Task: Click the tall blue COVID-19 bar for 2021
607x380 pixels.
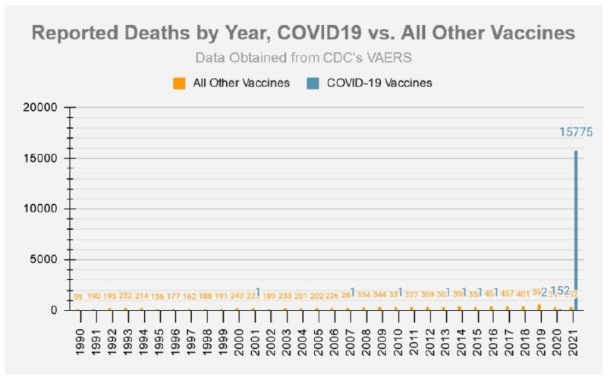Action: tap(575, 228)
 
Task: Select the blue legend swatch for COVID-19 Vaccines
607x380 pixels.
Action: tap(315, 83)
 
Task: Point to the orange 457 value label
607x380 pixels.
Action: tap(508, 294)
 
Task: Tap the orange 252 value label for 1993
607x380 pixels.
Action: tap(126, 295)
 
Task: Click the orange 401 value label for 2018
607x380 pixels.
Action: tap(524, 294)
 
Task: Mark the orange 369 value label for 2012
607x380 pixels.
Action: tap(429, 294)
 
